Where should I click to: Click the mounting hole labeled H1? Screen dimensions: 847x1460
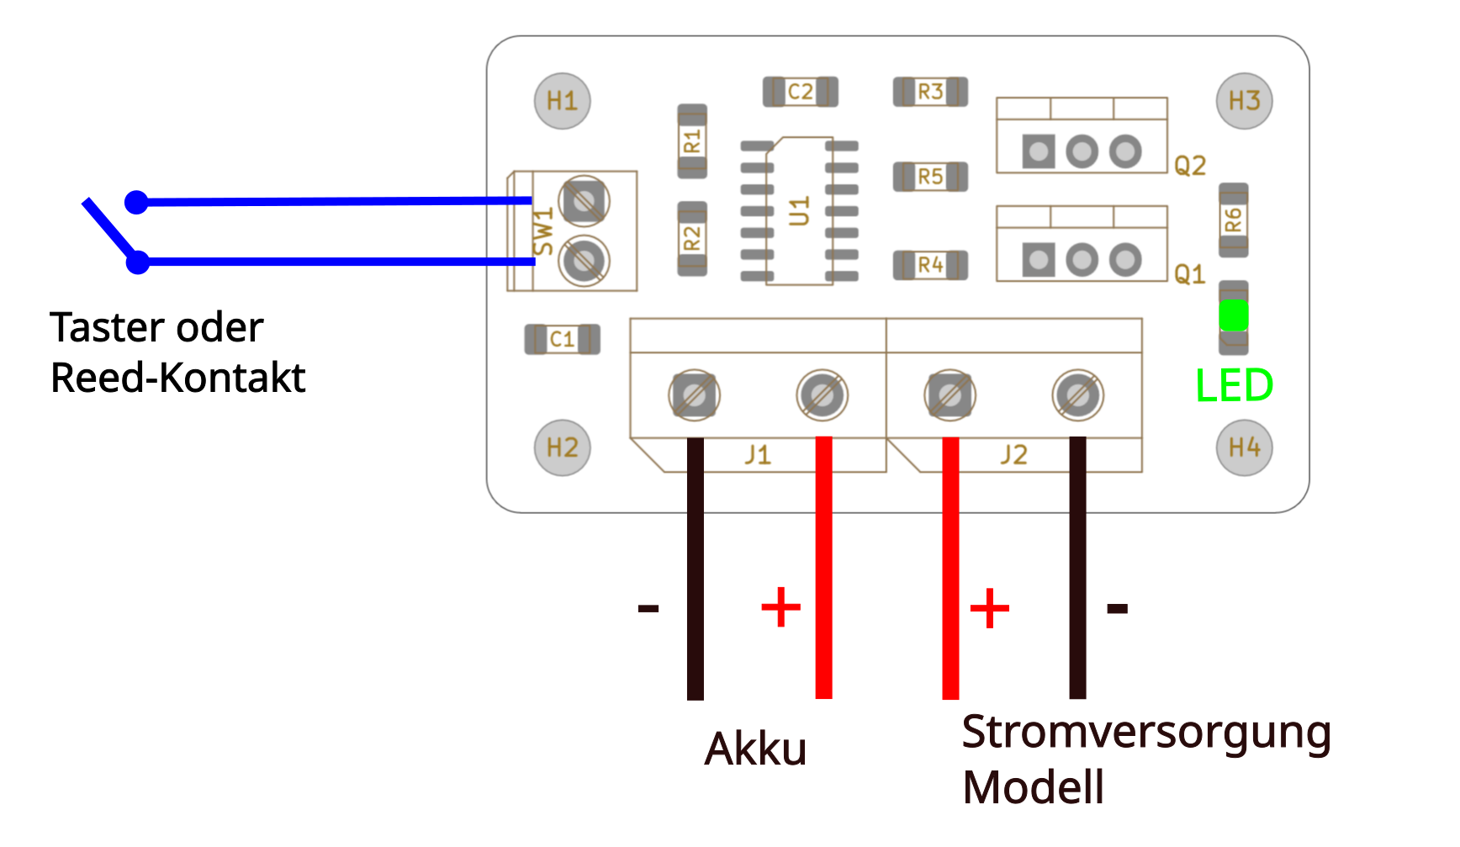point(562,101)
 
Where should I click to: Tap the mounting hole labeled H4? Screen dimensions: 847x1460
point(1244,447)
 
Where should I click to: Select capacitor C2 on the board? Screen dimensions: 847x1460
point(800,92)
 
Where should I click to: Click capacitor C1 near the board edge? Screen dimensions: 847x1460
point(562,339)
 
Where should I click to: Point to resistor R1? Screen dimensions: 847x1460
point(692,140)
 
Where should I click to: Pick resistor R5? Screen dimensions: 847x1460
point(930,177)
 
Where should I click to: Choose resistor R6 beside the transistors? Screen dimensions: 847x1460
point(1233,220)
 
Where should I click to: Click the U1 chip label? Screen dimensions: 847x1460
point(800,211)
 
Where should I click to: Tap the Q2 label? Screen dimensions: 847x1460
point(1190,166)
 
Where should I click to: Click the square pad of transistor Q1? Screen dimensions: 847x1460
point(1039,259)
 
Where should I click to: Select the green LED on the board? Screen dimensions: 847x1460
point(1233,315)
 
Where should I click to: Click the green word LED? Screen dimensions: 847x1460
point(1234,386)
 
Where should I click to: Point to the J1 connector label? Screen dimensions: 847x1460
point(758,455)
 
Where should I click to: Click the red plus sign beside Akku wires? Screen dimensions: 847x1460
point(780,607)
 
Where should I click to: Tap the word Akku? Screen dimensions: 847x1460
point(755,749)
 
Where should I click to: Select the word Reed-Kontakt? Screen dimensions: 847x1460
point(178,378)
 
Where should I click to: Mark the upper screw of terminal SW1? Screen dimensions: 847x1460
point(585,201)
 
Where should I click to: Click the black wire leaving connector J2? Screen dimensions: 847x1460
point(1077,572)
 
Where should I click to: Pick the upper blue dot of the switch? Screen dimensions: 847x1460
point(136,202)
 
